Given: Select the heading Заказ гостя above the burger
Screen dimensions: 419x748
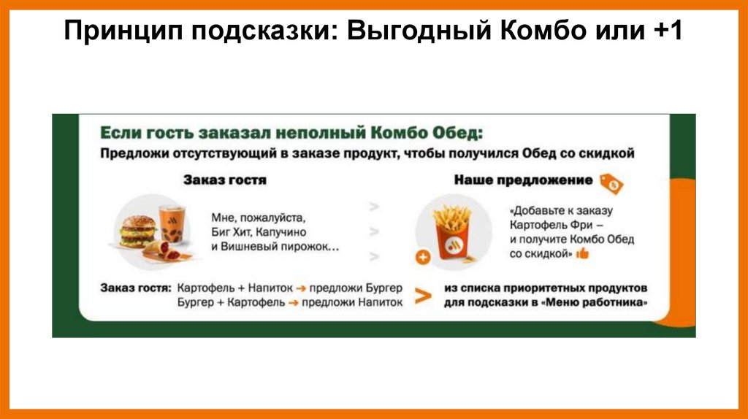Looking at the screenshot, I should pos(225,180).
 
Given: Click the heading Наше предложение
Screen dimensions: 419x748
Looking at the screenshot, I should pos(523,180).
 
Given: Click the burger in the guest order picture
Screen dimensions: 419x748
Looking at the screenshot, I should pos(139,231).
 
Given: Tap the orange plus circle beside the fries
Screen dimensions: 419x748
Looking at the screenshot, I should pos(422,257).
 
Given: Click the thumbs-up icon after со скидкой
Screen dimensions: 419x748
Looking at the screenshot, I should pos(582,254).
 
